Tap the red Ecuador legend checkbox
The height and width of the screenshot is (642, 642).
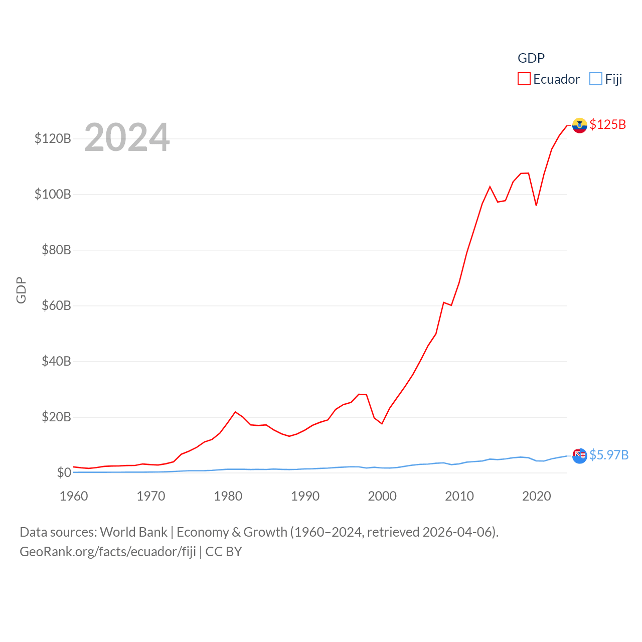pyautogui.click(x=524, y=79)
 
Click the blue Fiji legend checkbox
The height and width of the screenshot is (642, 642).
pyautogui.click(x=596, y=79)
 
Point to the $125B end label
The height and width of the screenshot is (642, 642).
pyautogui.click(x=607, y=124)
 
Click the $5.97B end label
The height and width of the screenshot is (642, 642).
pyautogui.click(x=609, y=455)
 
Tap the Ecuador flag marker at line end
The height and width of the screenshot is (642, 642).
pyautogui.click(x=579, y=125)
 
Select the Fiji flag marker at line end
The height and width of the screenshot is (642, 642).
pyautogui.click(x=579, y=455)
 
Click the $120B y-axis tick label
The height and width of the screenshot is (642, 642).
pyautogui.click(x=53, y=138)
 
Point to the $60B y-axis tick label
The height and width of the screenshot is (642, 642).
pyautogui.click(x=56, y=305)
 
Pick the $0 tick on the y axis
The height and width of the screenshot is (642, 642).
pyautogui.click(x=64, y=472)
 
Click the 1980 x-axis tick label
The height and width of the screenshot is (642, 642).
pyautogui.click(x=228, y=496)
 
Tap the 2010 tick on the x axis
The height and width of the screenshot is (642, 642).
pyautogui.click(x=459, y=496)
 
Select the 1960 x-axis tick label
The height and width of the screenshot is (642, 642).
pyautogui.click(x=74, y=496)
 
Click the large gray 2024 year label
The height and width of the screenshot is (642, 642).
pyautogui.click(x=127, y=137)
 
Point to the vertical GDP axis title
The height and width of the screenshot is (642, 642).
pyautogui.click(x=21, y=290)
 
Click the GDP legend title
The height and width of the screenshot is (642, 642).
pyautogui.click(x=531, y=58)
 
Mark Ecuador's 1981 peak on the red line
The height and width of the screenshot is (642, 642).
pyautogui.click(x=235, y=412)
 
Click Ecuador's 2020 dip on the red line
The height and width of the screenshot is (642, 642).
pyautogui.click(x=536, y=205)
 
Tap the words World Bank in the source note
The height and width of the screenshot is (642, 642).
pyautogui.click(x=133, y=532)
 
